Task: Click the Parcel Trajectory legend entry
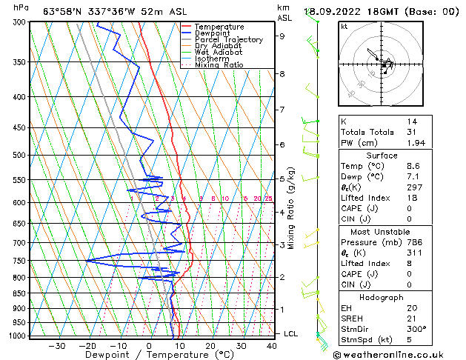(228, 39)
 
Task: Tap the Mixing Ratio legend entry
(219, 64)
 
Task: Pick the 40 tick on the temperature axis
(271, 345)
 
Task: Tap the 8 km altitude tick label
(282, 74)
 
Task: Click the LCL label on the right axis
(290, 334)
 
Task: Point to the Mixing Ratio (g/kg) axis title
(291, 208)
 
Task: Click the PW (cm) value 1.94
(415, 142)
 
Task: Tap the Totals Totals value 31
(411, 132)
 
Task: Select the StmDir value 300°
(416, 329)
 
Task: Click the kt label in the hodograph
(344, 26)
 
